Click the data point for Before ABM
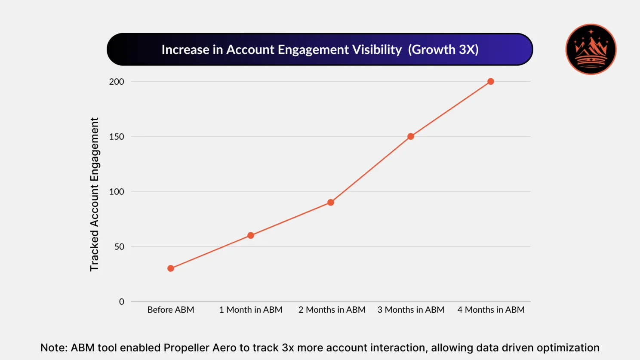171,268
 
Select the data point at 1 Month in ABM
251,235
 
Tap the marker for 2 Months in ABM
331,203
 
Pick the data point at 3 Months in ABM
411,136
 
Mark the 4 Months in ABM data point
491,81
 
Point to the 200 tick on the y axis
117,82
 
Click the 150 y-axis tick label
117,137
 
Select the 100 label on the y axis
117,192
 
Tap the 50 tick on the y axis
119,247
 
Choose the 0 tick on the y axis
122,302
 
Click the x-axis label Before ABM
171,310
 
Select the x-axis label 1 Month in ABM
251,310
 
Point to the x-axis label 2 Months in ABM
332,310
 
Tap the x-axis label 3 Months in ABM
411,310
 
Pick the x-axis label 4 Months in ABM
491,310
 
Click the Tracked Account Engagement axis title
94,194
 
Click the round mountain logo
591,49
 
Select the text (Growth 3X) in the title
443,50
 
